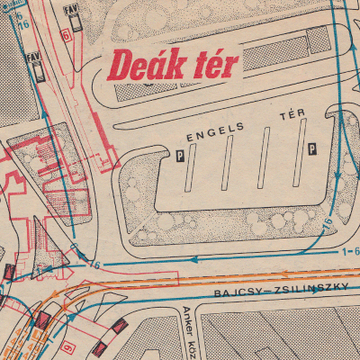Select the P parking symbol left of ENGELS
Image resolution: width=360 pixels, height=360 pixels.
point(180,155)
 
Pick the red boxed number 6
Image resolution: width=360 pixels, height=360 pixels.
point(66,37)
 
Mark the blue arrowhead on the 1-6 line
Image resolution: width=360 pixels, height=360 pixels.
point(195,259)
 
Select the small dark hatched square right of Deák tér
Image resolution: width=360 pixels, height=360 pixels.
point(314,40)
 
